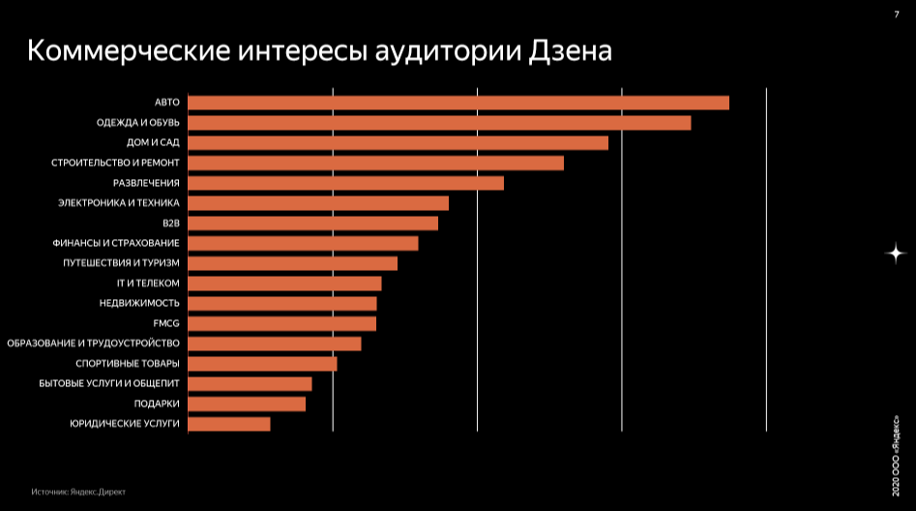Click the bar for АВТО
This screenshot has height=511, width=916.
(x=458, y=103)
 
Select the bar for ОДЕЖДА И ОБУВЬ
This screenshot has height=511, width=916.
(x=439, y=123)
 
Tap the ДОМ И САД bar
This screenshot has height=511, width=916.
(x=398, y=143)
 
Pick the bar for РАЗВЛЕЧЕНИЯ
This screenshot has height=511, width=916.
(x=345, y=183)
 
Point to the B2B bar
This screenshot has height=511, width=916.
(x=312, y=224)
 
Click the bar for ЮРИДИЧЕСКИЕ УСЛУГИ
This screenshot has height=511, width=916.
(x=229, y=424)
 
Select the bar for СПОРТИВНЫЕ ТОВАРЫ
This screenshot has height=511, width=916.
(x=262, y=364)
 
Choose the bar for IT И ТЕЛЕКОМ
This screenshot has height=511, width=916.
(x=284, y=284)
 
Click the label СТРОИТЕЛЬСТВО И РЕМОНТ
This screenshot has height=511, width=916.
(x=115, y=163)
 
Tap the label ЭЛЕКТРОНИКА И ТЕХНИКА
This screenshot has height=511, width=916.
(x=119, y=203)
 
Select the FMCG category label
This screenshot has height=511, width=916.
(x=166, y=323)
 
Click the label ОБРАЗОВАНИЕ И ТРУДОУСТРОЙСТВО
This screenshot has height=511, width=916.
(x=93, y=344)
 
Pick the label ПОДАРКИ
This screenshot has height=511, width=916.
(x=157, y=404)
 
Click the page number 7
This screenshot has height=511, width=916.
(x=897, y=13)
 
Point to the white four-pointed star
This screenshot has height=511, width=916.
(x=897, y=253)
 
